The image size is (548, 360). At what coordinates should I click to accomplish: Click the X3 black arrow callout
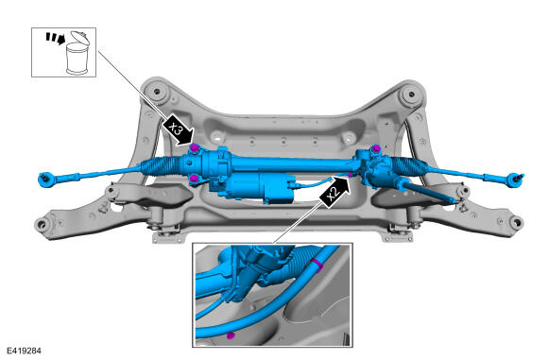tap(179, 129)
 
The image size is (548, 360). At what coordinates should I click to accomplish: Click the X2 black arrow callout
tap(334, 192)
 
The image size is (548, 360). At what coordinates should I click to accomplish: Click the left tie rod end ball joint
tap(45, 179)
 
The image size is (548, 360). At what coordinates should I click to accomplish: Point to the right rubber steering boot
tap(409, 165)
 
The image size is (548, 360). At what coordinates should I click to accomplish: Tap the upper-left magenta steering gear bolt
tap(195, 147)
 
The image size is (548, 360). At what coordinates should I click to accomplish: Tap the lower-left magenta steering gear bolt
tap(195, 180)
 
